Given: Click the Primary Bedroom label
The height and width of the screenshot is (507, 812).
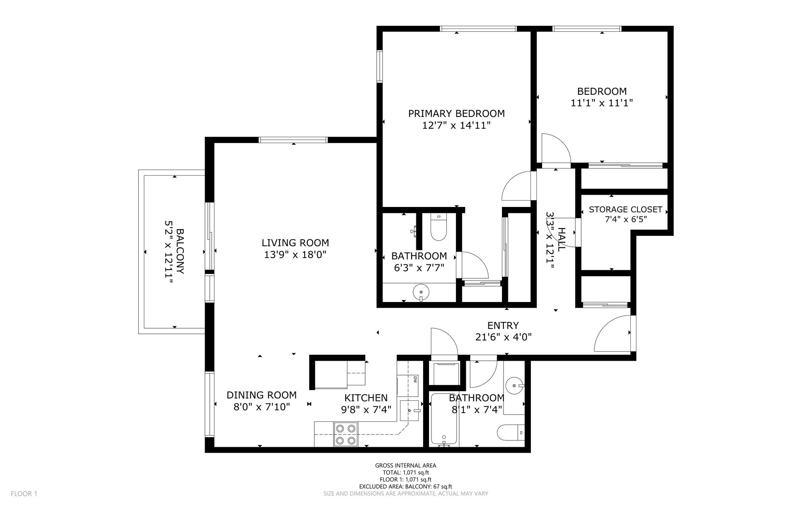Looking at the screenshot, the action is tap(456, 114).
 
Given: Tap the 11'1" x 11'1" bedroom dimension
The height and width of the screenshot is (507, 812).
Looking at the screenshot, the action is tap(601, 103).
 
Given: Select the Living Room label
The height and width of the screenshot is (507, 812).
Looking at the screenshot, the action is tap(295, 243).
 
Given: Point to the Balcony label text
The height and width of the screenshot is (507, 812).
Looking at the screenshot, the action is tap(180, 251).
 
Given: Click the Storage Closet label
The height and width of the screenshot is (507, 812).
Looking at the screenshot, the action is tap(625, 209).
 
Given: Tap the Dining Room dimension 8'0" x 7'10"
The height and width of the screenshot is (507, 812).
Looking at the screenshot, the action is tap(262, 407).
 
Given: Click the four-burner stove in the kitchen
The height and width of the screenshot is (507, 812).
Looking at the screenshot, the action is tap(346, 434).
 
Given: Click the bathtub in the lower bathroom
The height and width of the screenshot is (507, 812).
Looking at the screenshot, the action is tap(445, 419).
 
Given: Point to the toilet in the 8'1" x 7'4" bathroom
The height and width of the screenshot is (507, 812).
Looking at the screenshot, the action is tap(511, 432).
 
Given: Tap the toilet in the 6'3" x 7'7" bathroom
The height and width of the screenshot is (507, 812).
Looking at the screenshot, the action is tap(439, 227).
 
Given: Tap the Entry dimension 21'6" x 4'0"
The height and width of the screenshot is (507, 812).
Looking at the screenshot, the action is tap(503, 337).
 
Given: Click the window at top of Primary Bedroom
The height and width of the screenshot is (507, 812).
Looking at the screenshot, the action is tap(479, 29).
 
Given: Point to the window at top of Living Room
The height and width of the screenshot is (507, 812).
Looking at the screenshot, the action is tap(293, 140).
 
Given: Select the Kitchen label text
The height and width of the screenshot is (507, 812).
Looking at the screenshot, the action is tap(366, 398).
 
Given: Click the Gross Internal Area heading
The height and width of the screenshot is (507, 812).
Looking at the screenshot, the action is tap(406, 466).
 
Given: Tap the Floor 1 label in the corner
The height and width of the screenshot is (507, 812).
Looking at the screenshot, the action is tap(24, 494).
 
